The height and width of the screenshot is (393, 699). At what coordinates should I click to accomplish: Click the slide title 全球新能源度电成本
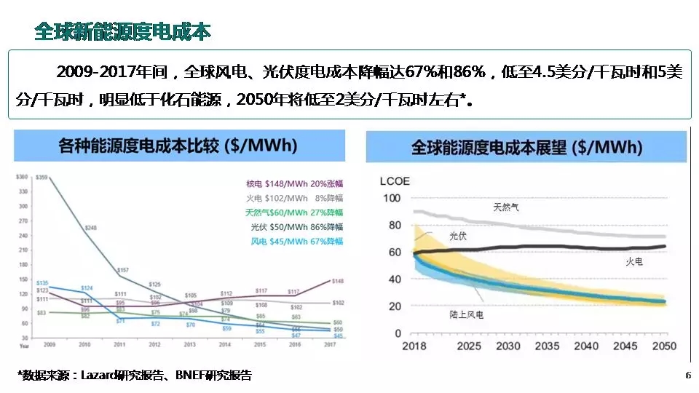[122, 31]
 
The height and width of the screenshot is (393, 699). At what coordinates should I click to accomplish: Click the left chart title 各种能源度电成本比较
[178, 145]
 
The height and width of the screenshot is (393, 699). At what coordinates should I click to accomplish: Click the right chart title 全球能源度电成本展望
[526, 148]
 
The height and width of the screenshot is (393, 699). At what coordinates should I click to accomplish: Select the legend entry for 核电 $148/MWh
[295, 183]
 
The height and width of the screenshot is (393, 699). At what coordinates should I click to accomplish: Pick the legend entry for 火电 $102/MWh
[295, 198]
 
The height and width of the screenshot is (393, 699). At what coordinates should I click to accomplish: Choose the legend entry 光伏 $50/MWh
[295, 227]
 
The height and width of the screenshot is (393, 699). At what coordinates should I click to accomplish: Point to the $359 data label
[42, 178]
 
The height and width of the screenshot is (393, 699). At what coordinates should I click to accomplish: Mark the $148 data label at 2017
[338, 281]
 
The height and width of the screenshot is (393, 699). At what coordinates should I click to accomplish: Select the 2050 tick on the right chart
[663, 346]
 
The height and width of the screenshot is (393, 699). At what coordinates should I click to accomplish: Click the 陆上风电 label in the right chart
[467, 315]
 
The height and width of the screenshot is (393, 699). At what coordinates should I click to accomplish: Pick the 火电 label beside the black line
[635, 261]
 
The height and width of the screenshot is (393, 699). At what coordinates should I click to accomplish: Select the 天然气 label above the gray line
[506, 207]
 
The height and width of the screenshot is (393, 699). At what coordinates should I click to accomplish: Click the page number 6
[688, 376]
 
